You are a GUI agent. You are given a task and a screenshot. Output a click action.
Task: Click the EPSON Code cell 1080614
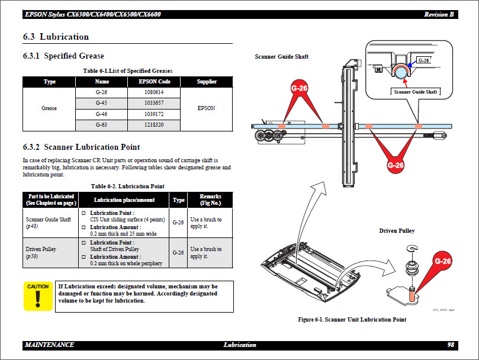pyautogui.click(x=153, y=92)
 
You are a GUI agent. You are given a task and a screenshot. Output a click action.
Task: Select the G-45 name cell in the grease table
pyautogui.click(x=102, y=103)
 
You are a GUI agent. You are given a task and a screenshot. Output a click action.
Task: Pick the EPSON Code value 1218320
pyautogui.click(x=153, y=125)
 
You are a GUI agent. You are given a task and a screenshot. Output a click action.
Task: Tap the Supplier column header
pyautogui.click(x=207, y=82)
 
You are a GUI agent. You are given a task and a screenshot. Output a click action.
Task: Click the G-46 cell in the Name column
pyautogui.click(x=102, y=114)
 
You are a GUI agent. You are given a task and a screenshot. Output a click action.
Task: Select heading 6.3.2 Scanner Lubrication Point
pyautogui.click(x=81, y=147)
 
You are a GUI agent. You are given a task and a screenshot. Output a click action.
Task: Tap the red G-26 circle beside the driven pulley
pyautogui.click(x=443, y=261)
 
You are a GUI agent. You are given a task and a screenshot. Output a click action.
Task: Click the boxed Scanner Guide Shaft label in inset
pyautogui.click(x=415, y=92)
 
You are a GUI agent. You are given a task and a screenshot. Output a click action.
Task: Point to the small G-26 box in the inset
pyautogui.click(x=423, y=60)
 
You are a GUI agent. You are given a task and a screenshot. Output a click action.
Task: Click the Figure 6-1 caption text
pyautogui.click(x=352, y=320)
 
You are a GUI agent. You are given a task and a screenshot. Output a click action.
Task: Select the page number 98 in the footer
pyautogui.click(x=450, y=345)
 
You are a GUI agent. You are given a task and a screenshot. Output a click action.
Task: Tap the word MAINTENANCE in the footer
pyautogui.click(x=50, y=345)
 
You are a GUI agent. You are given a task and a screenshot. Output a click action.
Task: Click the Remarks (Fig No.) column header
pyautogui.click(x=210, y=200)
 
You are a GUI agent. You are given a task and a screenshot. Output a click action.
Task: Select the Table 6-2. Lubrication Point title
pyautogui.click(x=127, y=186)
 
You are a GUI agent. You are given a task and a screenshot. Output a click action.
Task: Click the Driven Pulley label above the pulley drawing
pyautogui.click(x=397, y=230)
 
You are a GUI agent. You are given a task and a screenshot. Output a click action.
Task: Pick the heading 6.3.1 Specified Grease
pyautogui.click(x=63, y=56)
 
